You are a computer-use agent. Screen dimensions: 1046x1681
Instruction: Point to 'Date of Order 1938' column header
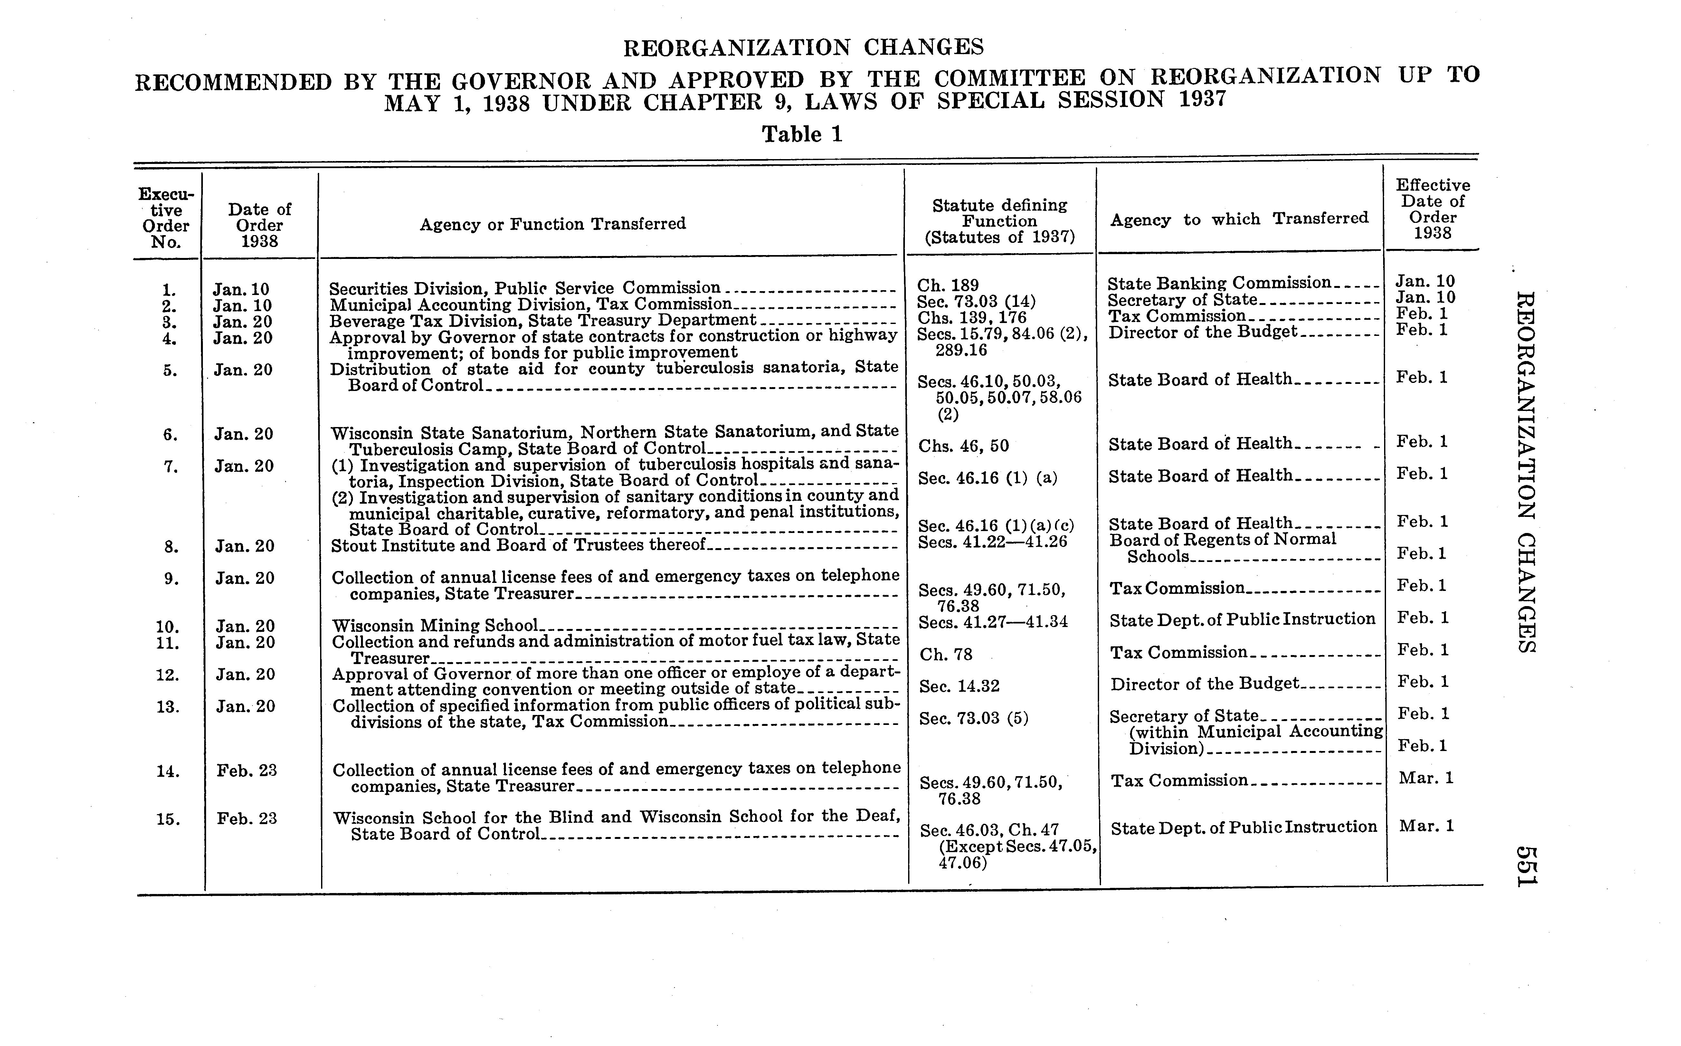260,225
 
